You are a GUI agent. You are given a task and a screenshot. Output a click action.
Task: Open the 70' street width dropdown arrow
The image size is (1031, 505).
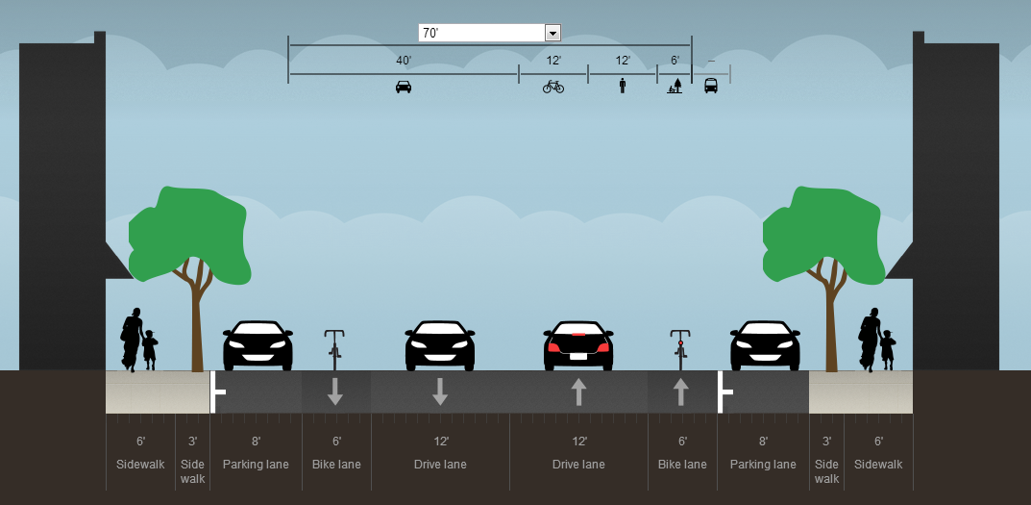point(552,34)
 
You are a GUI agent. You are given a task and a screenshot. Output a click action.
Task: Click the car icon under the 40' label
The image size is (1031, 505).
point(404,87)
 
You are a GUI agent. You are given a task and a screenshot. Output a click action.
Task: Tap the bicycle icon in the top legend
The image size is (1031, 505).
point(553,87)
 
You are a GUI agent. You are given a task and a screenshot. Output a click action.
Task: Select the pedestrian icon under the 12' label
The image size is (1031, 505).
point(623,86)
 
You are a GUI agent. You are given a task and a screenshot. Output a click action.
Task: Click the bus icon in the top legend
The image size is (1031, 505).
point(711,86)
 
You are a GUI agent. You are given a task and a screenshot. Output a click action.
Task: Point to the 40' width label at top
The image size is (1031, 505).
point(404,61)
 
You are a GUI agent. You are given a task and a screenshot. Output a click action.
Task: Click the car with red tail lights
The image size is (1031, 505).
point(578,346)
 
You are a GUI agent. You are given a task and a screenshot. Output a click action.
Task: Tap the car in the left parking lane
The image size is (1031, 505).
point(258,346)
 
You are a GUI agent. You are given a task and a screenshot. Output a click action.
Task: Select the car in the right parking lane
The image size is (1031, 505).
point(765,346)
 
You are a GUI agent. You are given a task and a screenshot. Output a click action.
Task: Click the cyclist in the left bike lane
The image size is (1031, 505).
point(334,349)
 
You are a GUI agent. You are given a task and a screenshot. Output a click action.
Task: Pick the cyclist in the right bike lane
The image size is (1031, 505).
point(680,349)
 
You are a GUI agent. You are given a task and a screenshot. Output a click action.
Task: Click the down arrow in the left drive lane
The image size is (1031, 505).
point(440,391)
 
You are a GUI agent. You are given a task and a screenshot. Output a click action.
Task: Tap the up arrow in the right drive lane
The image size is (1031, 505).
point(578,391)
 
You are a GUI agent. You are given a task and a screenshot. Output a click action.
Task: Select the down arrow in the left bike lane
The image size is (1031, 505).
point(334,391)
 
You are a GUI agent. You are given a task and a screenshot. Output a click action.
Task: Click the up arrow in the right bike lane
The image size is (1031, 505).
point(680,391)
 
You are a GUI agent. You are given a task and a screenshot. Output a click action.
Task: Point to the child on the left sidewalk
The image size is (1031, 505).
point(150,350)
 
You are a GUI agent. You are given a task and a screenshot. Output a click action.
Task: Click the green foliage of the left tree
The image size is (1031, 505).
point(187,231)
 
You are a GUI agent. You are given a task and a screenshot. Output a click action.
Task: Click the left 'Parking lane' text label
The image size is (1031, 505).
point(256,465)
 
